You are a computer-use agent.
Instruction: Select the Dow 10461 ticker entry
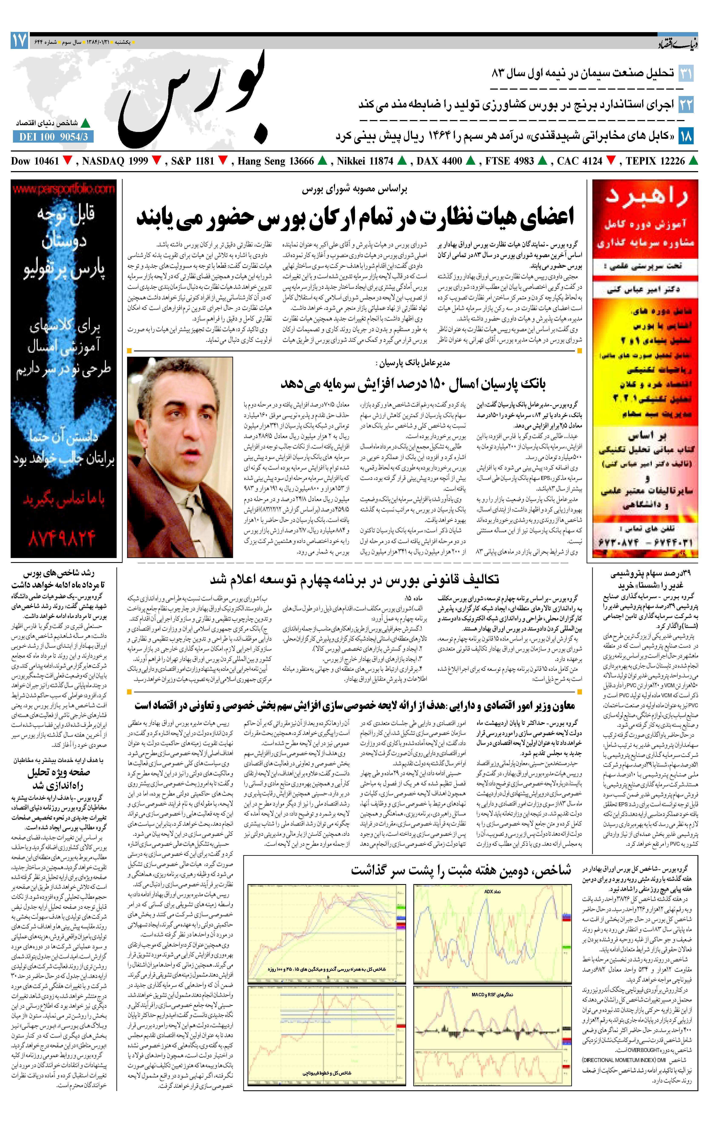(35, 161)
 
